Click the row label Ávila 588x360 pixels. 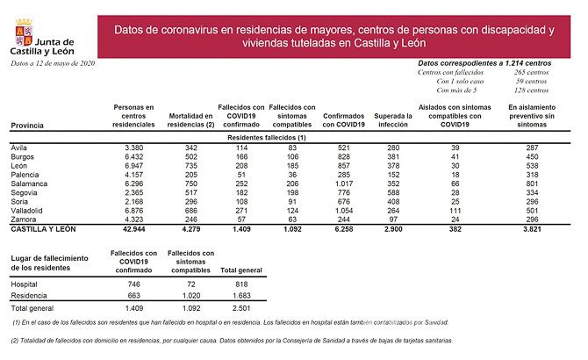point(18,147)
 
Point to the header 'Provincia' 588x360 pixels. point(26,126)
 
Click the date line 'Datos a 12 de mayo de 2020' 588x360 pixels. point(53,63)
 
